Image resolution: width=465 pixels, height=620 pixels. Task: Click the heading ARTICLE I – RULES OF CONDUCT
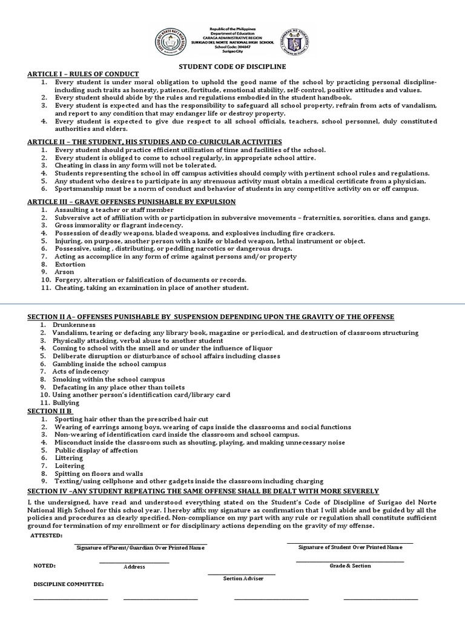click(83, 73)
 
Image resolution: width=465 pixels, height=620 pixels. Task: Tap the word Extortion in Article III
click(70, 264)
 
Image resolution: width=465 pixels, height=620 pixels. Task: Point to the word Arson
click(65, 272)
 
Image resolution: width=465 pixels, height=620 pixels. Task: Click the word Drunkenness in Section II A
click(76, 325)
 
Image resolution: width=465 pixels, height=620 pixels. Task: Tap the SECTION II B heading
click(50, 411)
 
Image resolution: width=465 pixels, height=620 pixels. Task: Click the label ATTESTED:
click(46, 536)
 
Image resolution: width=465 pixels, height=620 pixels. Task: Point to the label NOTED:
click(44, 566)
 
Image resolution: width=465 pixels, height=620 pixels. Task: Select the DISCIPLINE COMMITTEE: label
click(67, 584)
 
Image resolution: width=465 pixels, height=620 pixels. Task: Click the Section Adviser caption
click(243, 578)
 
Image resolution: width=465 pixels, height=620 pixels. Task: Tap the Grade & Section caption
click(350, 566)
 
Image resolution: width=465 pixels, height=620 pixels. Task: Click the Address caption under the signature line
click(134, 567)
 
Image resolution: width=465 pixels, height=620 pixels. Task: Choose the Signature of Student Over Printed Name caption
click(350, 547)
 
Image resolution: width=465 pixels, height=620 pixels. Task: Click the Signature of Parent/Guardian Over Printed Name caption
click(140, 547)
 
